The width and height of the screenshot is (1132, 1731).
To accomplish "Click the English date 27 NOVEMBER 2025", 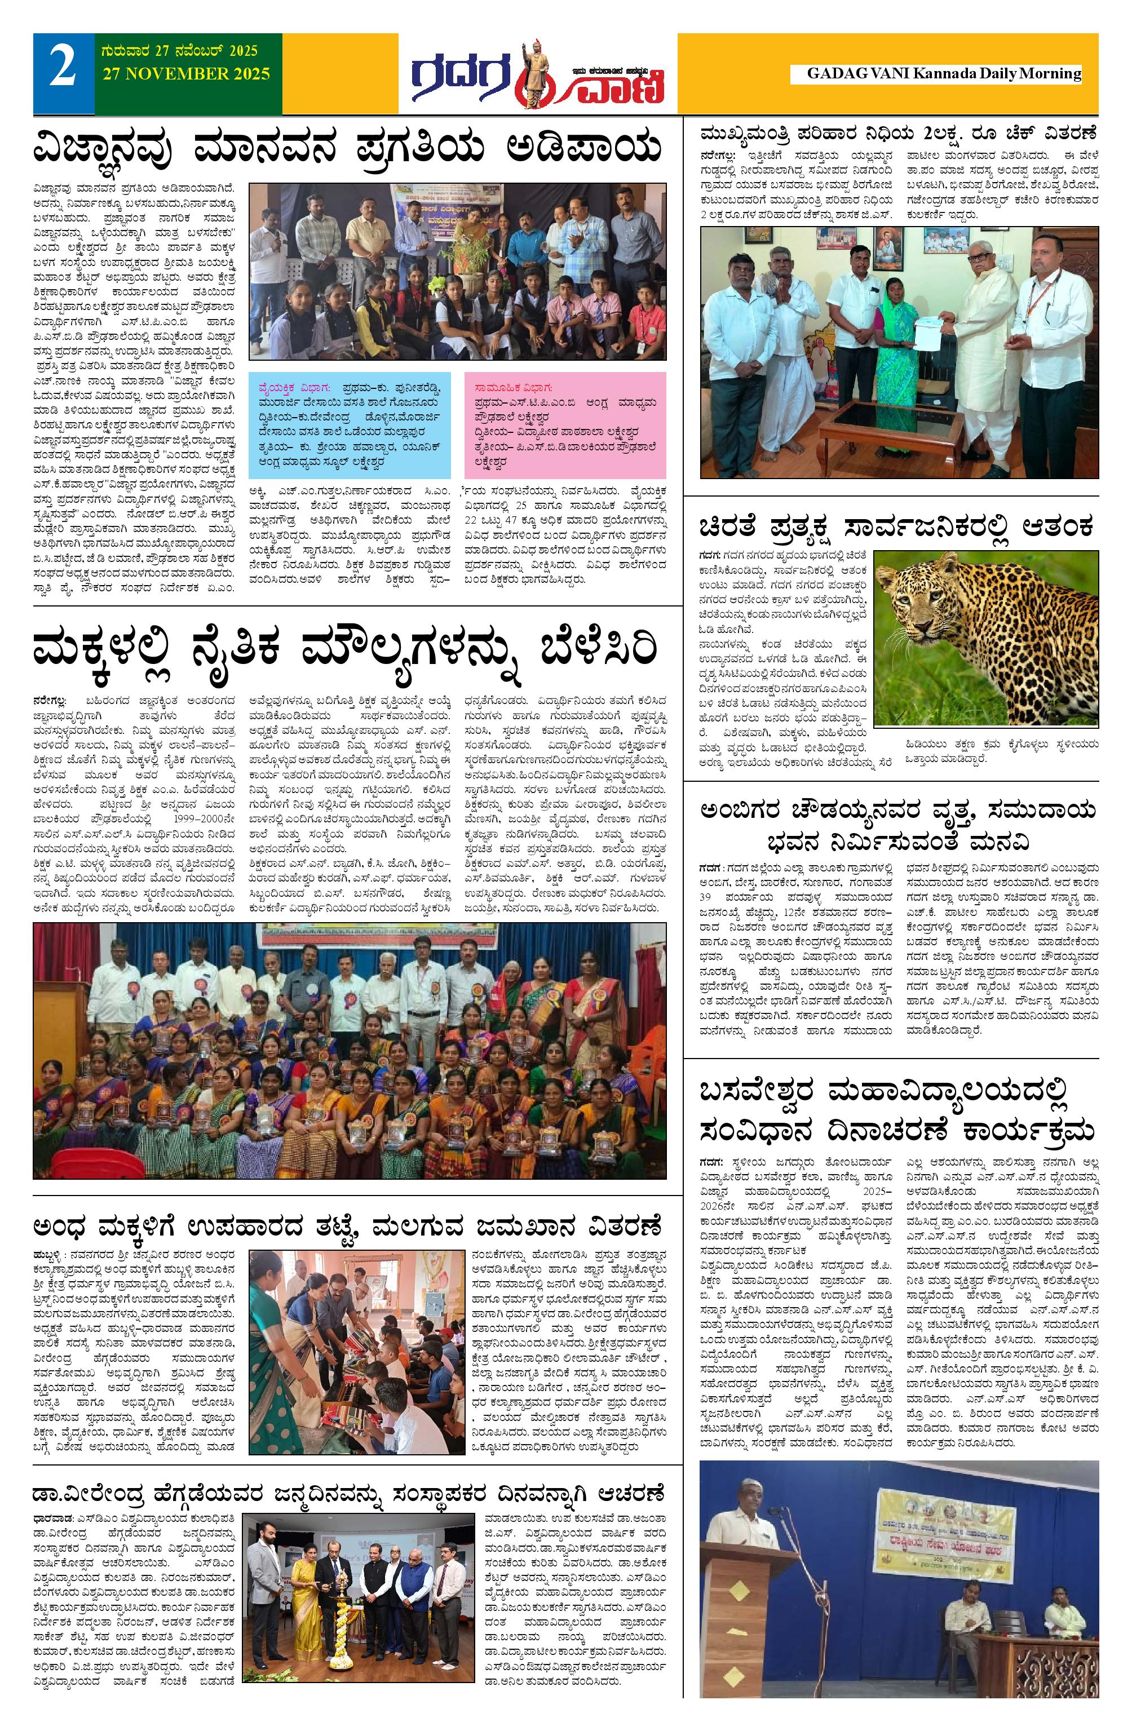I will coord(186,74).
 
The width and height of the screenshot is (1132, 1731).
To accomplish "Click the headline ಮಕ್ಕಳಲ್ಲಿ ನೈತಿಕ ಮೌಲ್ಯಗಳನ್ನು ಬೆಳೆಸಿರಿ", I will coord(346,649).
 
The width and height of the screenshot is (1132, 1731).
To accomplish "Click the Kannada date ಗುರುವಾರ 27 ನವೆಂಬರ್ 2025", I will coord(179,52).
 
